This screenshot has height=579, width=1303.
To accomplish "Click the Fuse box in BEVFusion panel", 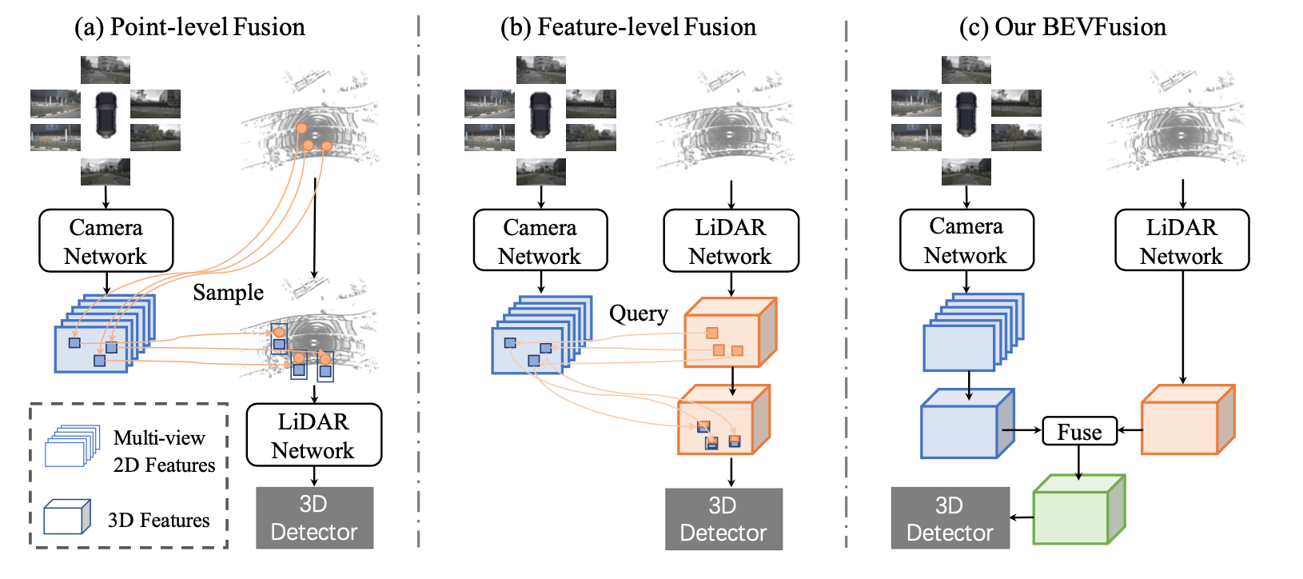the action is click(x=1080, y=431).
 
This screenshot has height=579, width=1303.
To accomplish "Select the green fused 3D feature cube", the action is click(x=1079, y=509).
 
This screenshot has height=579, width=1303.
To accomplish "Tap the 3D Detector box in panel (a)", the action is click(x=315, y=518).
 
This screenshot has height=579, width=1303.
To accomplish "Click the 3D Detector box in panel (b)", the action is click(x=723, y=519).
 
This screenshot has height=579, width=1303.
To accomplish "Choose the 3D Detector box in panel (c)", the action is click(x=950, y=518).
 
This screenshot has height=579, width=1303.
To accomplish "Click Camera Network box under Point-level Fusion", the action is click(x=106, y=241).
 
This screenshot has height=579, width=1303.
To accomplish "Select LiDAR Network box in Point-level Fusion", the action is click(x=314, y=435).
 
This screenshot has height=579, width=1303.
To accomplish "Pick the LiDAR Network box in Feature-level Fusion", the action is click(x=731, y=241).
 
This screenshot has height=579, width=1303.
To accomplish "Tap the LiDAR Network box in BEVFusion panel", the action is click(x=1182, y=240).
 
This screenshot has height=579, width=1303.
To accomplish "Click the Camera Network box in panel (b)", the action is click(x=540, y=240).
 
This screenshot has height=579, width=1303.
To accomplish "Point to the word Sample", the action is click(x=228, y=293).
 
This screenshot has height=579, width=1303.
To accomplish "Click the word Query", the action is click(x=639, y=313).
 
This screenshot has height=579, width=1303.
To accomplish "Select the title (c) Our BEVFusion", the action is click(x=1062, y=27).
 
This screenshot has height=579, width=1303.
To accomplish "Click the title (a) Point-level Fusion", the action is click(x=189, y=27).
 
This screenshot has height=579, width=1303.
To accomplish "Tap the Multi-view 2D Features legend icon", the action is click(x=73, y=445).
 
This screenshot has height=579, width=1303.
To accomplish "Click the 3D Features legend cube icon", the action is click(x=67, y=517).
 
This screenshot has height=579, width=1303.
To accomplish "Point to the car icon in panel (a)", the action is click(x=106, y=114).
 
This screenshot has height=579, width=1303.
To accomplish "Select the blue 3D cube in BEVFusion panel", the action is click(x=967, y=424).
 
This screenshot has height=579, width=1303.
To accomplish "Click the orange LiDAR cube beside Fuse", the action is click(x=1188, y=419).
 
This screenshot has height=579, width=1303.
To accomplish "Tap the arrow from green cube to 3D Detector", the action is click(x=1022, y=517).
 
